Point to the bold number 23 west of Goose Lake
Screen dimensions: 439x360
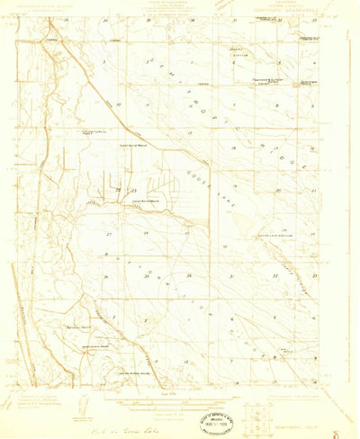pos(132,191)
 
